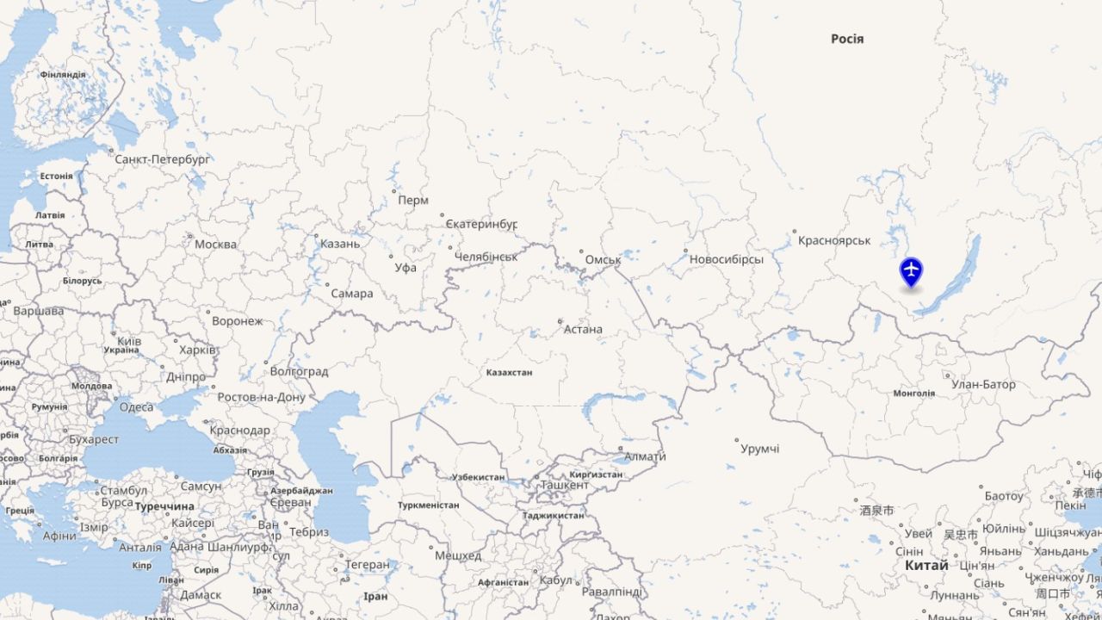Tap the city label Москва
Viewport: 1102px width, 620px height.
(x=215, y=245)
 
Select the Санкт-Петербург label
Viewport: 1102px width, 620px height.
(x=163, y=159)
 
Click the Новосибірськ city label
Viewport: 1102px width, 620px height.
(x=727, y=259)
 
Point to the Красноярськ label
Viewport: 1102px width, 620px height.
(x=834, y=240)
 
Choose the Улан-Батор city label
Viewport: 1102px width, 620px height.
(x=983, y=385)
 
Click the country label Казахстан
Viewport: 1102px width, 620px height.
(x=509, y=373)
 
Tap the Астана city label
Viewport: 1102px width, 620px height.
(x=583, y=329)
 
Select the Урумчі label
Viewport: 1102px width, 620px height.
(x=760, y=449)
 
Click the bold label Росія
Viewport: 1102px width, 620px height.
(x=847, y=39)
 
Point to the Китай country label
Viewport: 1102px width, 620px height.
(x=926, y=565)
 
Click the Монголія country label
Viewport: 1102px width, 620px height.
(x=914, y=394)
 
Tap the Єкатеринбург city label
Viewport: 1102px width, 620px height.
(x=481, y=225)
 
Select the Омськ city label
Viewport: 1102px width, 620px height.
(x=603, y=259)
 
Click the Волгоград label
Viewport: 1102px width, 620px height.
(x=299, y=372)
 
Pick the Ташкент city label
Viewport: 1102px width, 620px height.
(x=565, y=486)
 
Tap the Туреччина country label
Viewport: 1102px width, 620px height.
(x=164, y=506)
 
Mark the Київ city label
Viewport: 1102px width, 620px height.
(x=129, y=341)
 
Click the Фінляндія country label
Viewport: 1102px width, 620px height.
(x=63, y=75)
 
